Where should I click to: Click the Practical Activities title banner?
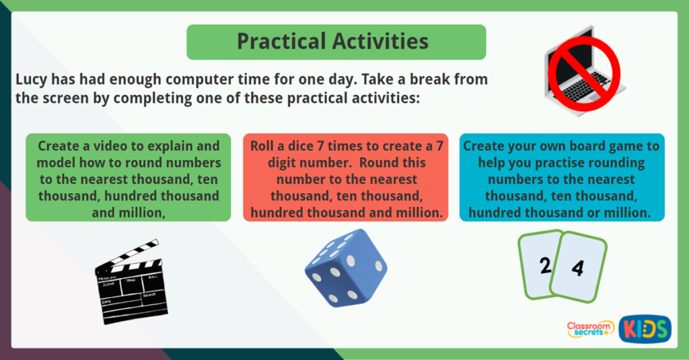coord(336,42)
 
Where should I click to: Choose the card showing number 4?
coord(578,268)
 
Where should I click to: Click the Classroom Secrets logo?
coord(591,328)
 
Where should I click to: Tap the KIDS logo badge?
coord(645,329)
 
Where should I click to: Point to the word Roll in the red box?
coord(264,146)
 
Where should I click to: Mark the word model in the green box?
coord(56,163)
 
